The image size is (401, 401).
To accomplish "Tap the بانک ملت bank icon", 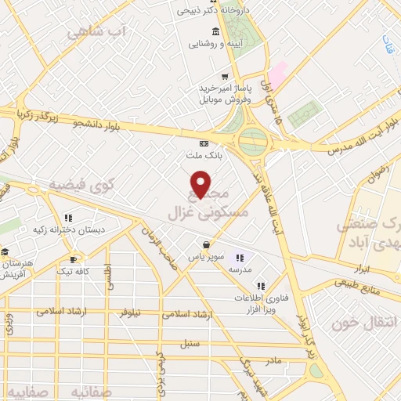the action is [x=204, y=143].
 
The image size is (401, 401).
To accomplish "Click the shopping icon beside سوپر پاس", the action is [x=205, y=244].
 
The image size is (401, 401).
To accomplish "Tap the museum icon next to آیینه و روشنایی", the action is [x=215, y=31].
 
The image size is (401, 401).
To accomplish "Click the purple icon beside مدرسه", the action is [x=239, y=257].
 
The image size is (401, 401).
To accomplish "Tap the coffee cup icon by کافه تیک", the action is [x=74, y=258].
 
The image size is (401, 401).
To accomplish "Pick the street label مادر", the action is [x=272, y=360].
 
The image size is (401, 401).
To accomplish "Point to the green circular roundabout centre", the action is [x=253, y=142].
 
